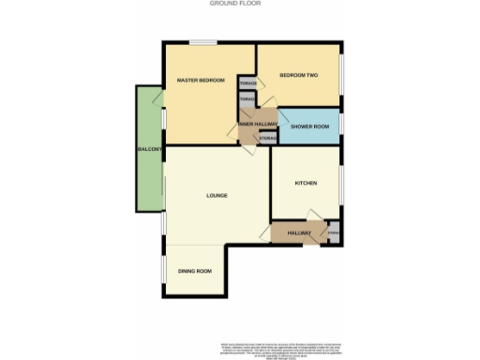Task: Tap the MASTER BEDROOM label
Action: click(x=202, y=81)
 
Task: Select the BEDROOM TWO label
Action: click(x=299, y=75)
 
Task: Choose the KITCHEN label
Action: click(x=307, y=183)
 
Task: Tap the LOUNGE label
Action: click(x=217, y=195)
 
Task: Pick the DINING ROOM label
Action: click(x=195, y=272)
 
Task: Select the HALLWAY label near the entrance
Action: click(x=299, y=232)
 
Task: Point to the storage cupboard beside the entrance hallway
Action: click(x=334, y=232)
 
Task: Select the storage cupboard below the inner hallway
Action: click(x=267, y=140)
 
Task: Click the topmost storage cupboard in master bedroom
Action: click(x=247, y=83)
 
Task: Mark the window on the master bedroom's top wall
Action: click(x=203, y=42)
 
